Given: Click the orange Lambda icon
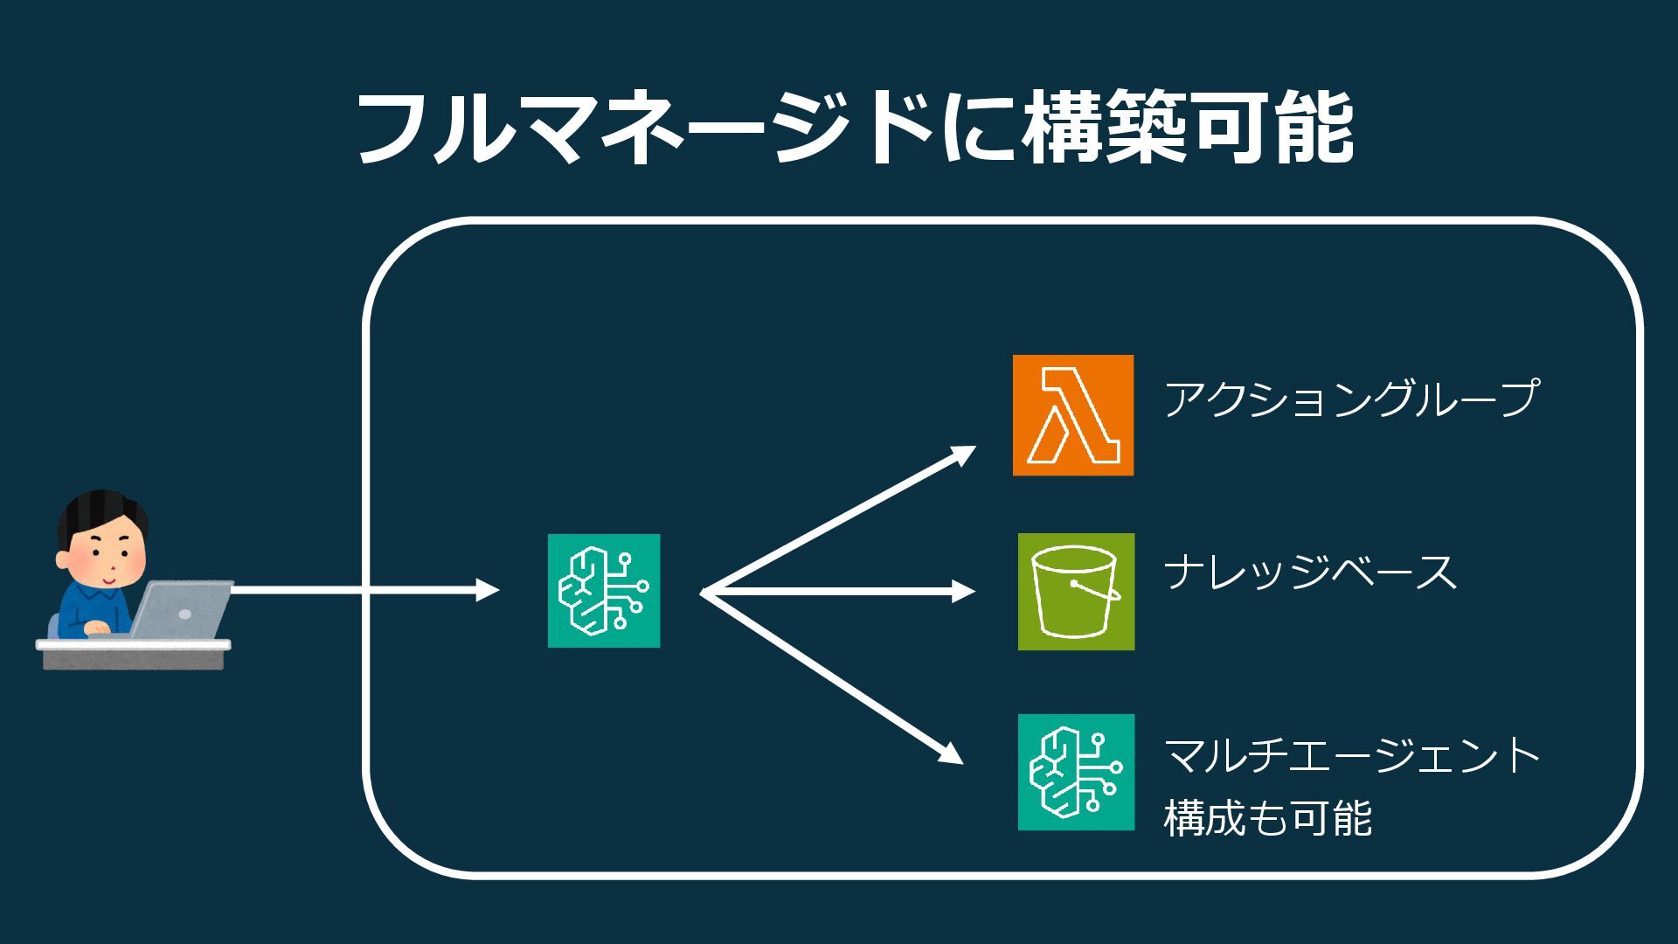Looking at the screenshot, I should click(1072, 415).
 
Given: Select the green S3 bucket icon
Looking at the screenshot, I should click(1076, 592).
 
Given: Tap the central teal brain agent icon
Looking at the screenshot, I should click(604, 591).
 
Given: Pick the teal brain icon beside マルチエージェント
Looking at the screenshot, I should click(1076, 772).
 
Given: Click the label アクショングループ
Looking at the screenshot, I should click(1350, 399).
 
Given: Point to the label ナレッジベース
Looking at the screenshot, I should click(1310, 573).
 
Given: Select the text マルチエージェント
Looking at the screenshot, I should click(1351, 755).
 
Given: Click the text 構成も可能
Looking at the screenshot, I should click(1267, 818).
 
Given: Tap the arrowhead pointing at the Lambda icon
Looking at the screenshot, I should click(963, 455).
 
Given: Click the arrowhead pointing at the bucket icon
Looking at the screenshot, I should click(963, 592).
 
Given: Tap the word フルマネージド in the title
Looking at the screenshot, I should click(644, 128).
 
